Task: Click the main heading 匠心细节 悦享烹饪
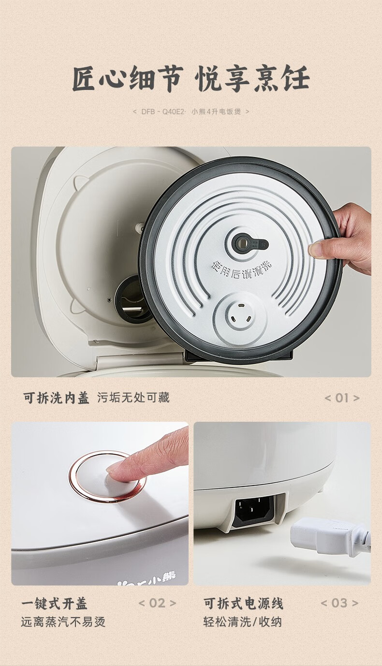pos(191,79)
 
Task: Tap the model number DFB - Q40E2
pos(163,112)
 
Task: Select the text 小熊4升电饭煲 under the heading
pos(216,112)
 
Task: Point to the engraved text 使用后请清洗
pos(242,269)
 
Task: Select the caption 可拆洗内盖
pos(56,398)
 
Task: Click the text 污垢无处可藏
pos(133,398)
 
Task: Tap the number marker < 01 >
pos(342,398)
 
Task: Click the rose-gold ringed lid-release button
pos(108,477)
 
